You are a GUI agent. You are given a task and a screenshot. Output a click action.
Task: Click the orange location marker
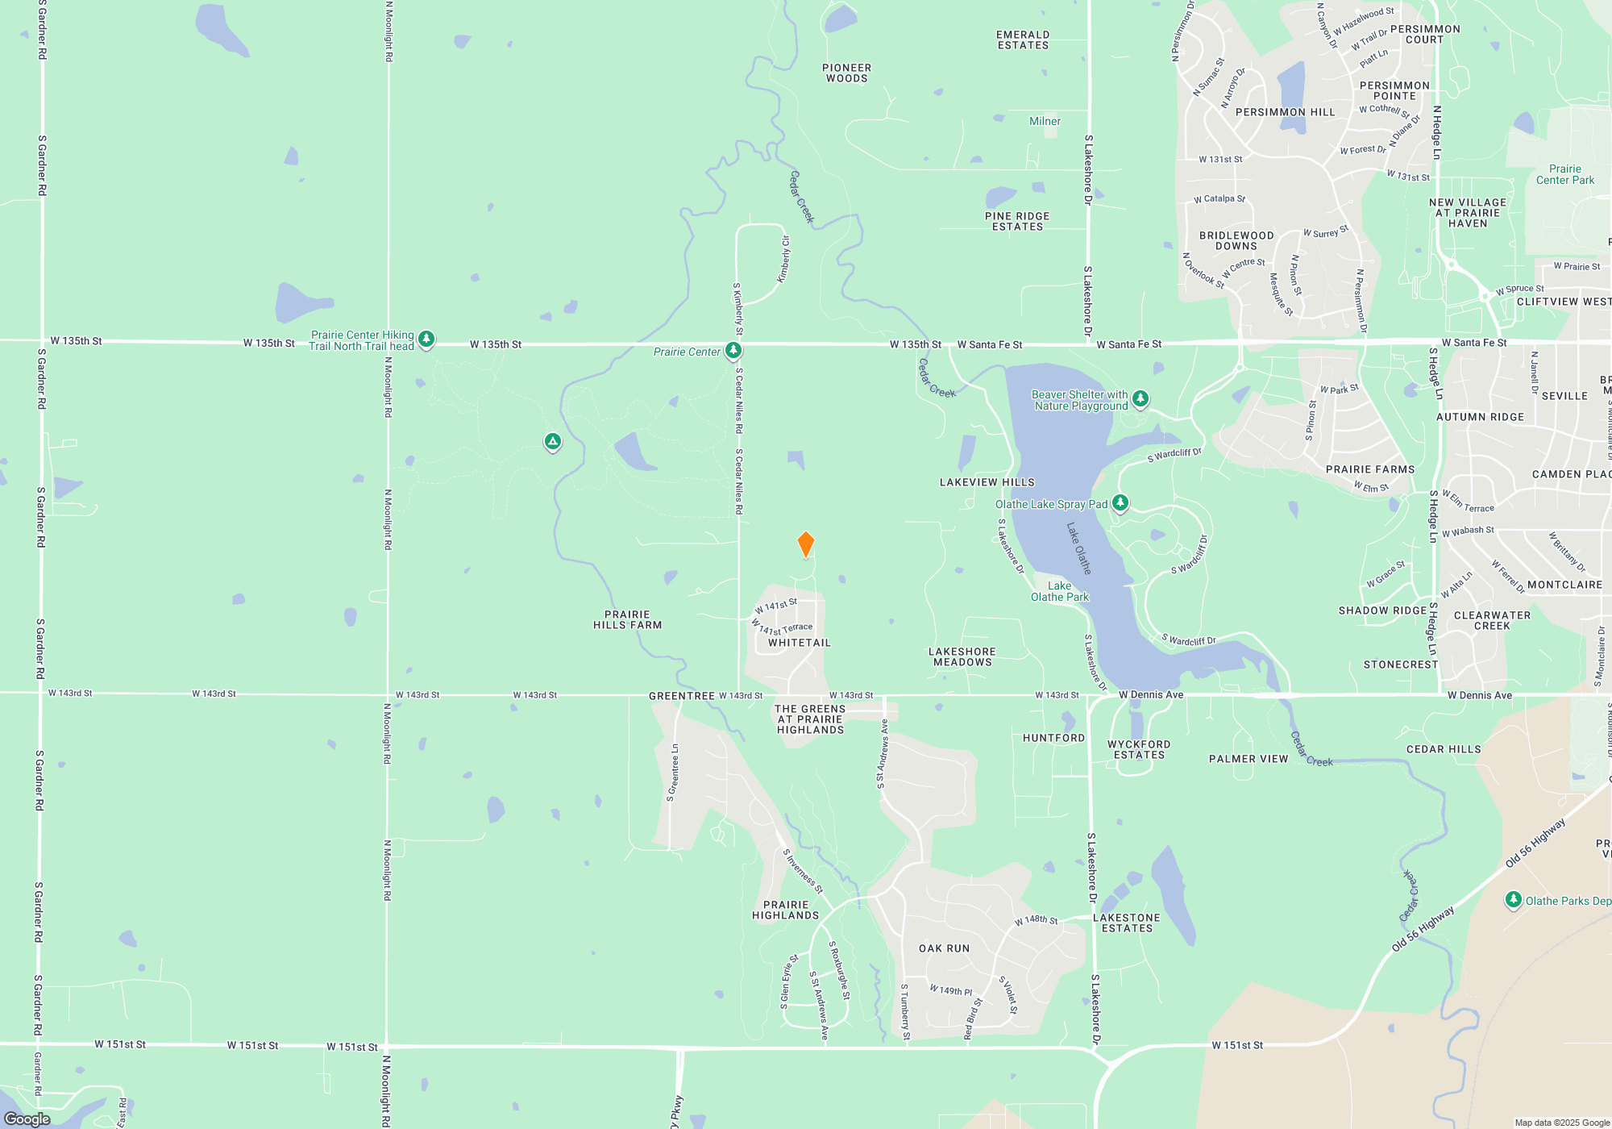coord(805,544)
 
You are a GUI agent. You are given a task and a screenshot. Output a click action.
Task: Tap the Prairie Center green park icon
coord(733,351)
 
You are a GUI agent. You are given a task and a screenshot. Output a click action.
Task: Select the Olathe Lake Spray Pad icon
coord(1120,503)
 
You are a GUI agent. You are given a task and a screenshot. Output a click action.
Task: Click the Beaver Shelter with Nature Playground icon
coord(1140,398)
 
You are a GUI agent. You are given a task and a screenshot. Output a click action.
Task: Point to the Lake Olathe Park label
coord(1059,592)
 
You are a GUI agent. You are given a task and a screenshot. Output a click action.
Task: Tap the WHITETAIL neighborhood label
coord(799,643)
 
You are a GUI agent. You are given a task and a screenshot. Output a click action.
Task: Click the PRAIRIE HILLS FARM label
coord(627,620)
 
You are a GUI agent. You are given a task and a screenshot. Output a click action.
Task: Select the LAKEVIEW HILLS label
coord(987,482)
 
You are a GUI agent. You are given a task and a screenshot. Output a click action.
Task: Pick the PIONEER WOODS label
coord(846,73)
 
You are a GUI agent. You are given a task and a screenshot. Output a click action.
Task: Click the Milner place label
coord(1045,121)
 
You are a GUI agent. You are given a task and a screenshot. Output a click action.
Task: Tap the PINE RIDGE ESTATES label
coord(1017,222)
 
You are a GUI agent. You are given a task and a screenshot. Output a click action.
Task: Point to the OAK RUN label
coord(944,948)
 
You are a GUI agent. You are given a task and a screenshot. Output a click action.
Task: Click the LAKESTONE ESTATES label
coord(1127,923)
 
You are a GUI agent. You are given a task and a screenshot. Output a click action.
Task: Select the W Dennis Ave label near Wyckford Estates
coord(1151,694)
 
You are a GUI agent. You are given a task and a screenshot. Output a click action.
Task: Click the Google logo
coord(27,1119)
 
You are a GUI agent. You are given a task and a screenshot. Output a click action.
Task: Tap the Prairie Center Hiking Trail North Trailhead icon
coord(426,340)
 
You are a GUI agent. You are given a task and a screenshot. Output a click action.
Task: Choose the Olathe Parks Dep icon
coord(1513,900)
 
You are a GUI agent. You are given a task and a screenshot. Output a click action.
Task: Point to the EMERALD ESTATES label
coord(1023,40)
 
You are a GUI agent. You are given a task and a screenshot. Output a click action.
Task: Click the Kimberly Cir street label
coord(783,260)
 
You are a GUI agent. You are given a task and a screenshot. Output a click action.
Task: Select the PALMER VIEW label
coord(1248,759)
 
